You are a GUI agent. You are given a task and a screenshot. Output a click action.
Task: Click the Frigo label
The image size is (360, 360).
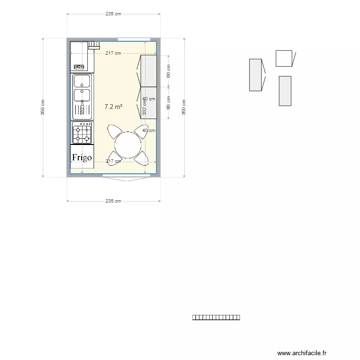point(82,157)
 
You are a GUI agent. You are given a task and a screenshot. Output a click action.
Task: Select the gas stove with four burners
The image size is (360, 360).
point(82,133)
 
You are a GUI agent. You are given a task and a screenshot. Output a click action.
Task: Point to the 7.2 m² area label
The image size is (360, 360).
point(113,107)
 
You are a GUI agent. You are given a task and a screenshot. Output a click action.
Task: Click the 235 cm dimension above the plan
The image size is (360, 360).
point(113,14)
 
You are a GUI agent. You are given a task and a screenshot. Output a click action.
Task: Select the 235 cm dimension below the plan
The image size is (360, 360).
point(113,201)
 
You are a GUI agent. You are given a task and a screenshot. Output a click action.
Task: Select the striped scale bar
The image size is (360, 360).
point(216,317)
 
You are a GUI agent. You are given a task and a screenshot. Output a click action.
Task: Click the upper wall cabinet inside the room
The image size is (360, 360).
point(148,71)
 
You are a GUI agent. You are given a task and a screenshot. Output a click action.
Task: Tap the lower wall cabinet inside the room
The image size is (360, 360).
point(148,102)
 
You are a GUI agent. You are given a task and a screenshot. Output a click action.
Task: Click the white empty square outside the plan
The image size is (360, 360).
point(284,59)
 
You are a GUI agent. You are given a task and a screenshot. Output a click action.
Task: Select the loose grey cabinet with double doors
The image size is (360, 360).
point(255,75)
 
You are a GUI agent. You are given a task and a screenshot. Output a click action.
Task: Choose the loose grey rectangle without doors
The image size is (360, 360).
point(285,91)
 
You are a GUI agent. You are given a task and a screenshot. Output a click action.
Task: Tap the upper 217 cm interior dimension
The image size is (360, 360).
point(113,53)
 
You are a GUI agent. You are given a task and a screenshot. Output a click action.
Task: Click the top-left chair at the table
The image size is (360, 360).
point(115,131)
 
